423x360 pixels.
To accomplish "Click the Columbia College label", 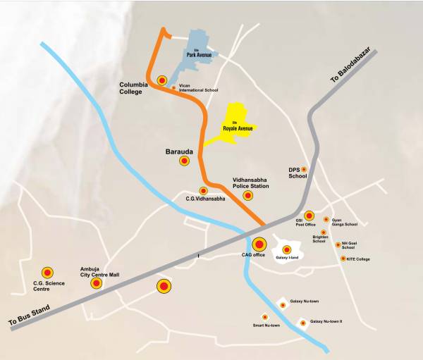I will (x=134, y=88).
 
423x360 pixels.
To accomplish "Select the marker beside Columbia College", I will (x=162, y=80).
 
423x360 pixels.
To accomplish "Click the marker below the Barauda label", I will (x=184, y=161).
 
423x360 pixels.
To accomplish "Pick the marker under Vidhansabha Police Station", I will (x=247, y=195).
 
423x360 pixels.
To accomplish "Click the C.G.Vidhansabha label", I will (x=205, y=199).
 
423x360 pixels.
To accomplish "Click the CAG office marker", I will (x=259, y=244).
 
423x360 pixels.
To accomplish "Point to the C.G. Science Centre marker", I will (x=47, y=272).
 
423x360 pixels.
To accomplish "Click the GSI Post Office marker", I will (x=309, y=216).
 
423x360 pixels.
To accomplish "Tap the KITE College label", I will (x=358, y=259).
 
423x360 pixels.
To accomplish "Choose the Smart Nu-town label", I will (x=266, y=325).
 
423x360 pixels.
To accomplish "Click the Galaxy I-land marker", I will (x=287, y=249).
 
